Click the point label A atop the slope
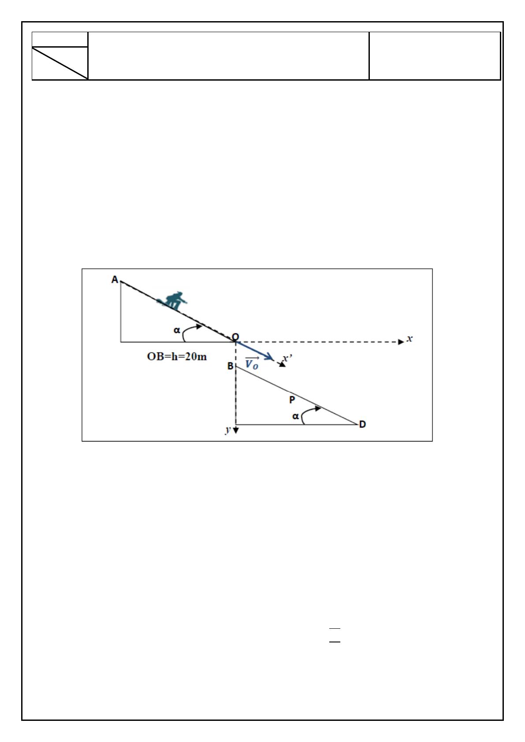pyautogui.click(x=115, y=280)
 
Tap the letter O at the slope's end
pyautogui.click(x=235, y=337)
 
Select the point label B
pyautogui.click(x=231, y=366)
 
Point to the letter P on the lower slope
pyautogui.click(x=292, y=400)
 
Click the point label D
pyautogui.click(x=362, y=424)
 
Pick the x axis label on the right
pyautogui.click(x=410, y=338)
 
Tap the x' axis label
pyautogui.click(x=287, y=358)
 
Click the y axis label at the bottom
pyautogui.click(x=228, y=430)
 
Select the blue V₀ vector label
pyautogui.click(x=252, y=363)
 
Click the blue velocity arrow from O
pyautogui.click(x=254, y=350)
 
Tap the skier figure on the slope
pyautogui.click(x=172, y=301)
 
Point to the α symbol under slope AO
pyautogui.click(x=177, y=330)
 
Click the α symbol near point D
pyautogui.click(x=296, y=416)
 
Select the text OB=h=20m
pyautogui.click(x=177, y=356)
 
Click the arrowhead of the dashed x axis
pyautogui.click(x=401, y=342)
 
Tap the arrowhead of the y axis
pyautogui.click(x=236, y=430)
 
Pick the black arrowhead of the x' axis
pyautogui.click(x=282, y=364)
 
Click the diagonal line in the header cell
pyautogui.click(x=60, y=63)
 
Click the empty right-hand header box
pyautogui.click(x=435, y=56)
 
